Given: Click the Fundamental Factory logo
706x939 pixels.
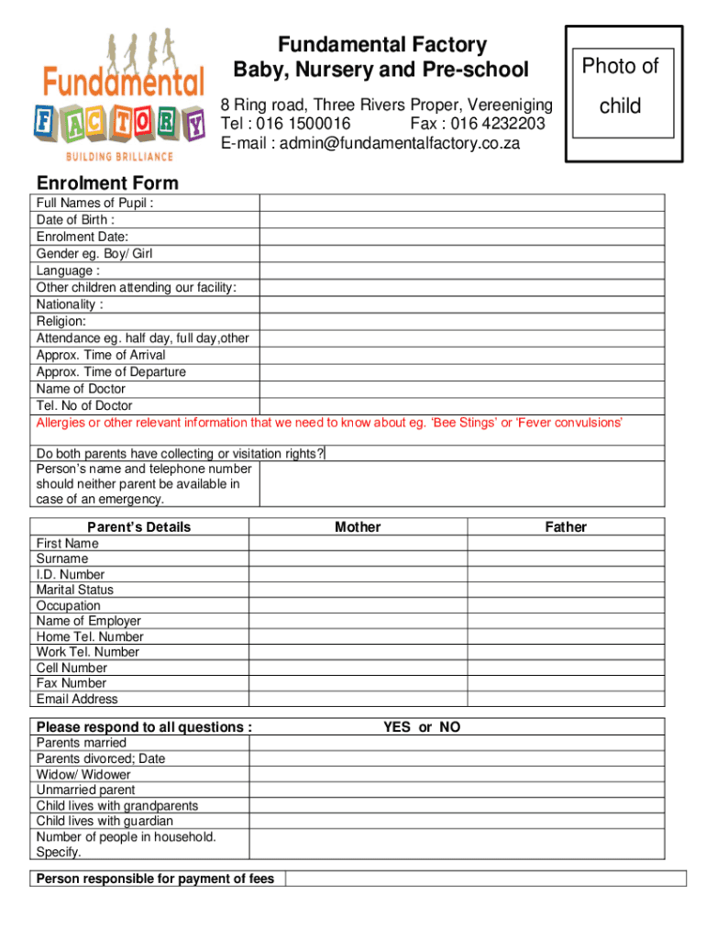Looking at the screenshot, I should click(120, 96).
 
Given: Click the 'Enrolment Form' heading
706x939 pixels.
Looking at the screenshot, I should click(107, 183).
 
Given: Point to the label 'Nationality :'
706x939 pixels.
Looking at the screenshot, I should click(70, 304).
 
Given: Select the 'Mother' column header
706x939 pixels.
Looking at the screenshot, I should click(358, 526).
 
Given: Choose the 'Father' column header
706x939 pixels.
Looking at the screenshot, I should click(566, 526).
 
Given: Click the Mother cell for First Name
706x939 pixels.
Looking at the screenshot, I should click(358, 543).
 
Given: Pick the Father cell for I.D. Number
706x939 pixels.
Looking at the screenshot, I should click(566, 574).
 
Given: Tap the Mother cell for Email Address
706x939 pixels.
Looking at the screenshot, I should click(358, 699).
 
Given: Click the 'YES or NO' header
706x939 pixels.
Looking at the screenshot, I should click(422, 727).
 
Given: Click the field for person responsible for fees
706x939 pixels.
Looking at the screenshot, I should click(485, 878).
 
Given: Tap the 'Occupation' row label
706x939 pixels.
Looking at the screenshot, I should click(69, 605).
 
